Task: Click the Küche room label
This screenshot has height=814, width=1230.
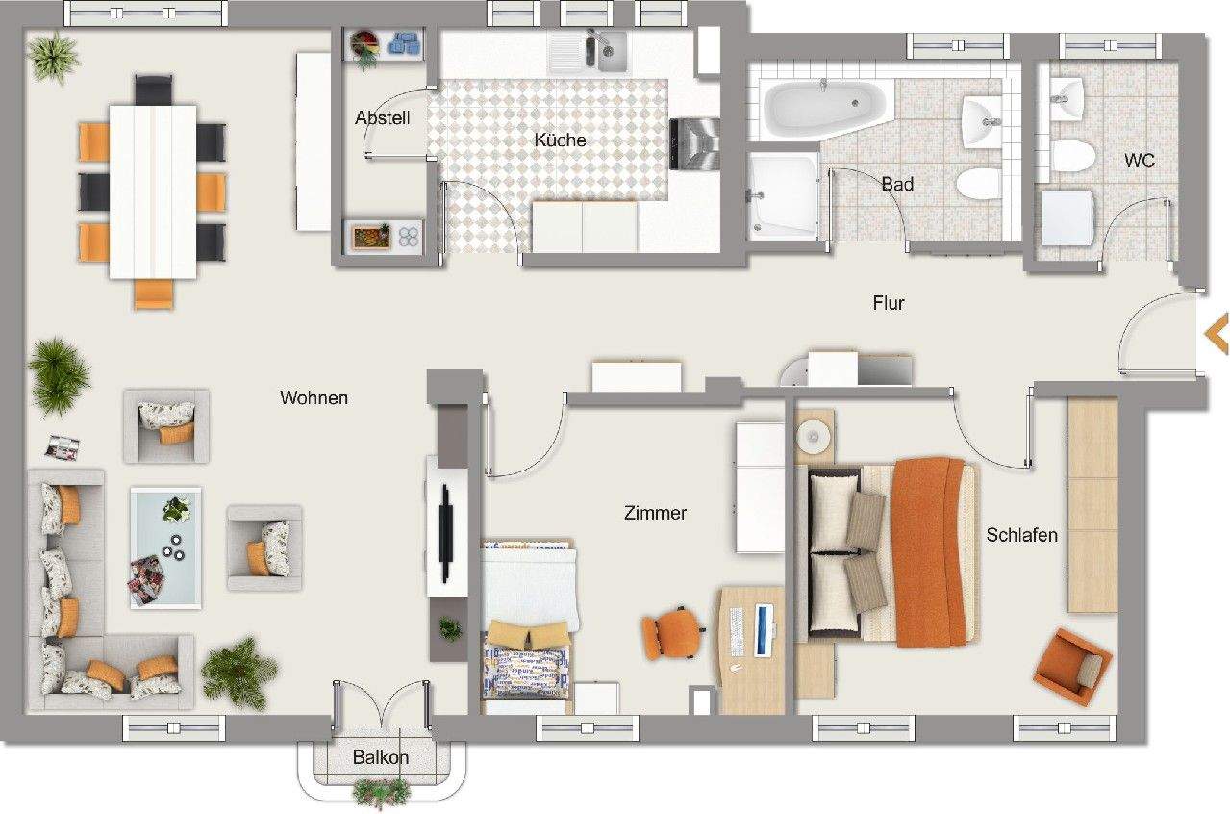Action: [560, 140]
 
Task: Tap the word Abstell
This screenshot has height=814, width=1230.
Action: [382, 118]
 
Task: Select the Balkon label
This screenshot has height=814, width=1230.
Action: [380, 757]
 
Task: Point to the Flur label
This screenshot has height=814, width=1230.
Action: [888, 303]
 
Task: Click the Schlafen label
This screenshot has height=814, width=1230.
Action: [1021, 535]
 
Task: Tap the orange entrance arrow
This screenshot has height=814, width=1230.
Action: [1217, 334]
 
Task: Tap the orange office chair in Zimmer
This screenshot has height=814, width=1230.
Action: [670, 632]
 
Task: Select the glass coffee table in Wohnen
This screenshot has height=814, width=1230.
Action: [165, 547]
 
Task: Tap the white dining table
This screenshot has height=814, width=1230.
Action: [153, 191]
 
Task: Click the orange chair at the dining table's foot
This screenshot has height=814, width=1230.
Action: [153, 293]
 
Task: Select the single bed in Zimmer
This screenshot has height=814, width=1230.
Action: [527, 625]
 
